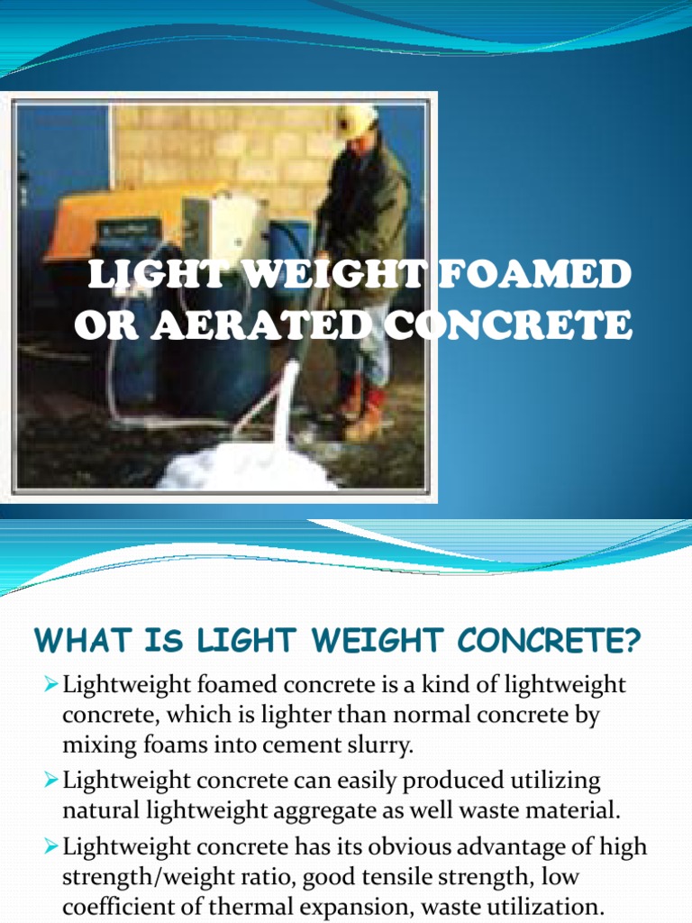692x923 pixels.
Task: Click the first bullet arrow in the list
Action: click(x=50, y=685)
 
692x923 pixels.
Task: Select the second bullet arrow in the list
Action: click(x=50, y=779)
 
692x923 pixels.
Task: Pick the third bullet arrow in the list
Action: click(x=50, y=848)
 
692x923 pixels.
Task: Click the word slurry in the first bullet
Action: click(x=382, y=745)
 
